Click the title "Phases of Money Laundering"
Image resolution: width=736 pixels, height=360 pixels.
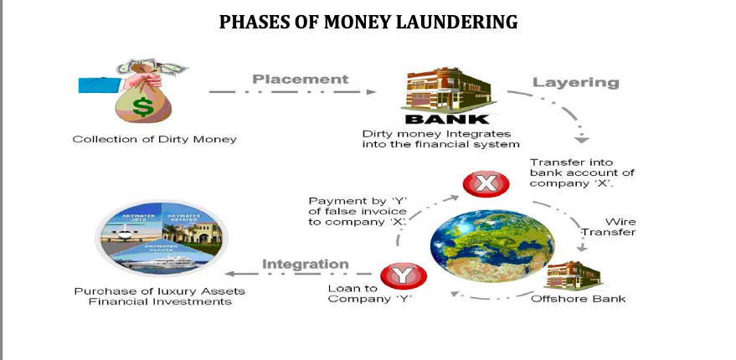point(368,23)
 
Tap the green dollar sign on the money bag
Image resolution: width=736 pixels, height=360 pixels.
point(142,106)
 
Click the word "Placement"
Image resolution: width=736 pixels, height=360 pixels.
point(300,80)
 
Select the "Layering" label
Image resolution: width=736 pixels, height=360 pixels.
point(575,82)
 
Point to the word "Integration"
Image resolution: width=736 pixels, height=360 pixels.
point(306,265)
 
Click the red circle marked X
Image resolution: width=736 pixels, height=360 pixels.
point(481,184)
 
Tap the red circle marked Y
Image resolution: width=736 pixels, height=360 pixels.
point(403,275)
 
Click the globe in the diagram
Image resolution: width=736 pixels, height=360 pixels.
point(480,244)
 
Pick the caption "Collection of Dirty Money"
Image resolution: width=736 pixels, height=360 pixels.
point(154,139)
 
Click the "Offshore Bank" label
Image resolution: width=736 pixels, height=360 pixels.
point(578,299)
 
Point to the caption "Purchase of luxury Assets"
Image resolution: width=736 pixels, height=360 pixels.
point(152,291)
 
